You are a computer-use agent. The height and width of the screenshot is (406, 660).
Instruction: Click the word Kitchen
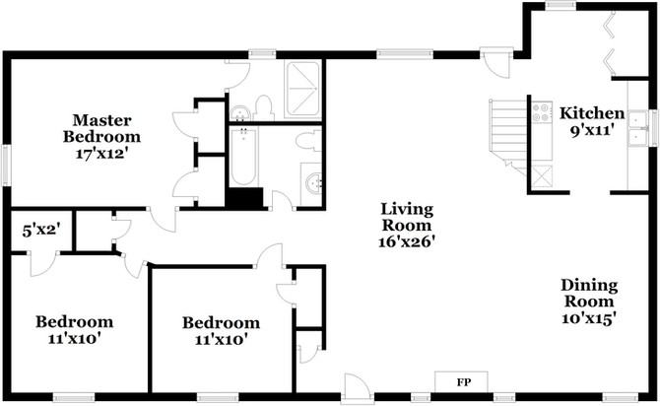(592, 112)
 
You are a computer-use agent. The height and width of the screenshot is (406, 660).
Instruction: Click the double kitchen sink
(638, 129)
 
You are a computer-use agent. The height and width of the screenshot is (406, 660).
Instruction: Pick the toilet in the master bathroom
(262, 104)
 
